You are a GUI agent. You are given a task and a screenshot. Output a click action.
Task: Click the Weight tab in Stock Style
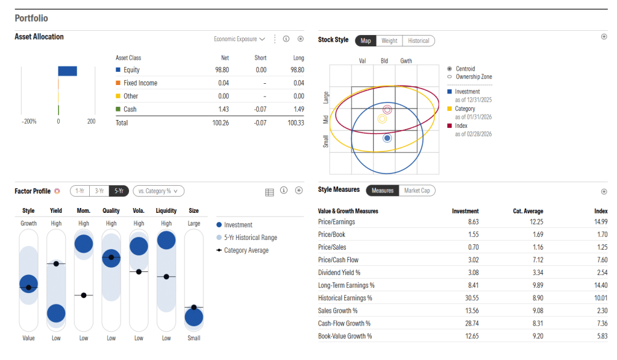click(x=389, y=40)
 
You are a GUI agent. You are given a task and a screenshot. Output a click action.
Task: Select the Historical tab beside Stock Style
click(x=418, y=40)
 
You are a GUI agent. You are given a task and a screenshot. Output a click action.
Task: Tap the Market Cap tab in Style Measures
click(x=417, y=191)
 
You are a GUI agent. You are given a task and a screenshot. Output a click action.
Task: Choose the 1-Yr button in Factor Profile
click(x=80, y=191)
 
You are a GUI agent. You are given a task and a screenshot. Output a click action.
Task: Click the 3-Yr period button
click(x=98, y=191)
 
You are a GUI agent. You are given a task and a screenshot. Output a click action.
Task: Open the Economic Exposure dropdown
click(x=239, y=39)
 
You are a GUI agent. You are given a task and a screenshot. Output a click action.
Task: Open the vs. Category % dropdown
click(x=158, y=191)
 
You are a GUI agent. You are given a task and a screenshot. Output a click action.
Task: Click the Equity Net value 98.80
click(x=221, y=70)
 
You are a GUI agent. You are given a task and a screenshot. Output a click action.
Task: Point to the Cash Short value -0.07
click(x=260, y=109)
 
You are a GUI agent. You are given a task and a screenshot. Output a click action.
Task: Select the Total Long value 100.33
click(x=296, y=122)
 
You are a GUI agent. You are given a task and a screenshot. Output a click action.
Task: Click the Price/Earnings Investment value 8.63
click(x=471, y=222)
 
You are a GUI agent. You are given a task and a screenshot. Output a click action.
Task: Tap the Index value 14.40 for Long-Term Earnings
click(x=600, y=285)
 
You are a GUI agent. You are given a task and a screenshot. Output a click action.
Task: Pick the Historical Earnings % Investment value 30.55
click(x=469, y=298)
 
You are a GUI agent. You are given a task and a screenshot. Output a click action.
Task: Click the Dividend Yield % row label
click(x=339, y=273)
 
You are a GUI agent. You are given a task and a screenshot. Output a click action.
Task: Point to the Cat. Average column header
click(x=528, y=211)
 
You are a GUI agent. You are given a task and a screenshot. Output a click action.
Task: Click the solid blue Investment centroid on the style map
click(x=387, y=138)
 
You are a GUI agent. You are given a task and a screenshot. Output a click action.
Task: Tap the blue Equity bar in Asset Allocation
click(x=67, y=71)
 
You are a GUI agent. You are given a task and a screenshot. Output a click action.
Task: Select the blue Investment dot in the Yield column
click(x=56, y=313)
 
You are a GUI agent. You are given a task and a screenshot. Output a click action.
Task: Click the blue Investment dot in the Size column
click(x=194, y=317)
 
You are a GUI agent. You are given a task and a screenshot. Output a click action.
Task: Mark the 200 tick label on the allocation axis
click(x=91, y=121)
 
